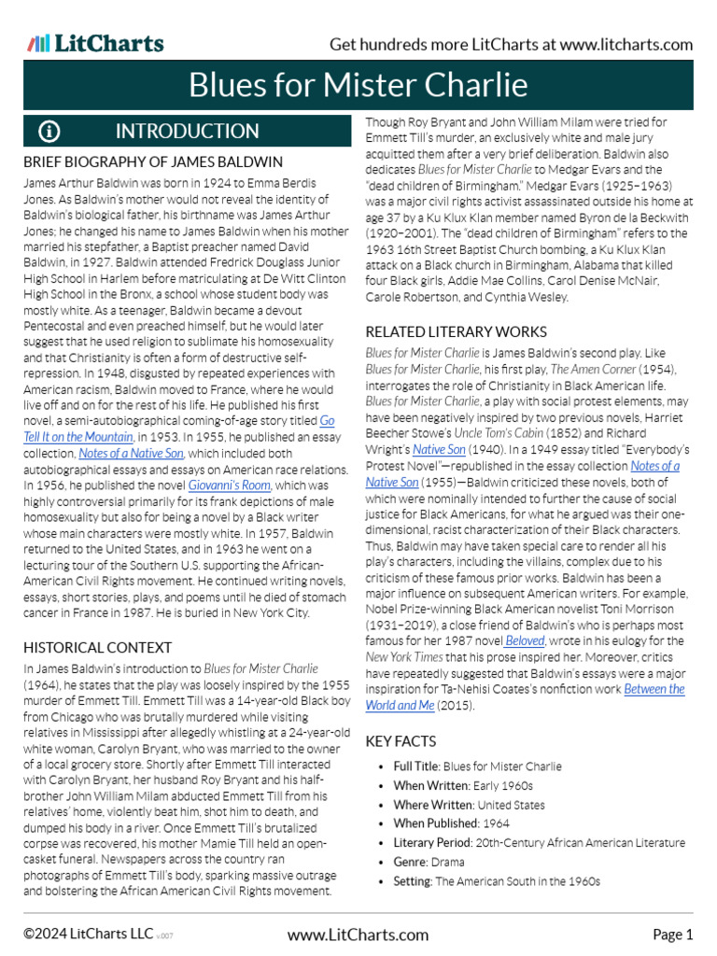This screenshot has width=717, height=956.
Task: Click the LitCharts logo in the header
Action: tap(95, 43)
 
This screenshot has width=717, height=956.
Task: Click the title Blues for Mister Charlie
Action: tap(358, 85)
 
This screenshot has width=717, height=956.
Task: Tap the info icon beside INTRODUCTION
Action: tap(49, 131)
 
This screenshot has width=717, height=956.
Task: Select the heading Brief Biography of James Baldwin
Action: tap(152, 162)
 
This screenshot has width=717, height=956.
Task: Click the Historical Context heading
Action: tap(97, 647)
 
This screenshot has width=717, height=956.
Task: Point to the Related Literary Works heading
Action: tap(456, 331)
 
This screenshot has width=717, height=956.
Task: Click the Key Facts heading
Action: tap(401, 741)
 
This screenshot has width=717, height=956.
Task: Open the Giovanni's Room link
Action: tap(230, 485)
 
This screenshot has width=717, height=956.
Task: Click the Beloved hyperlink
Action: tap(526, 640)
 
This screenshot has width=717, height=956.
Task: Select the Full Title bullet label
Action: tap(415, 766)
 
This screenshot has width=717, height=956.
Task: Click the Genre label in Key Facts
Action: tap(411, 862)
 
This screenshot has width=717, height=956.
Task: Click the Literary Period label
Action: tap(432, 843)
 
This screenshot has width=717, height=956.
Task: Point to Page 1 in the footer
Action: tap(672, 935)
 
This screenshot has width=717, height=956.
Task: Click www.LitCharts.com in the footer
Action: tap(358, 935)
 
